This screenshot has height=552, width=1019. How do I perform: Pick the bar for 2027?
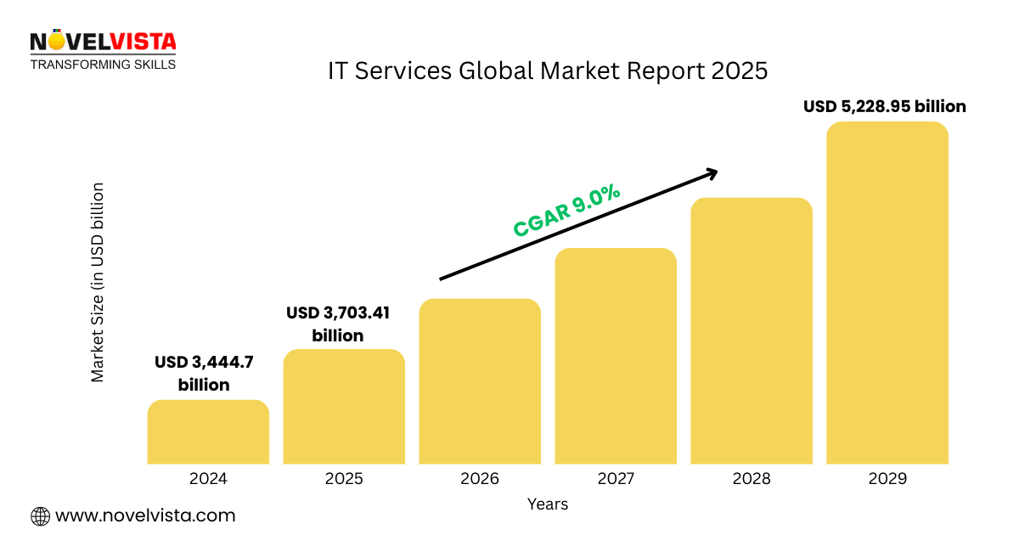coord(616,356)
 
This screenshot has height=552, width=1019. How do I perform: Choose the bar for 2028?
coord(752,330)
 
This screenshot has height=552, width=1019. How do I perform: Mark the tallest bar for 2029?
coord(887,292)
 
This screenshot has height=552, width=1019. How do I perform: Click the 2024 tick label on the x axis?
coord(208,479)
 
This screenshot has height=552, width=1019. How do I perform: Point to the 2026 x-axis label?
coord(480,479)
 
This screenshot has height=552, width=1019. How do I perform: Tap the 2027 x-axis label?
coord(616,479)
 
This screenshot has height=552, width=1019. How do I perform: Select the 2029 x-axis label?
coord(887,479)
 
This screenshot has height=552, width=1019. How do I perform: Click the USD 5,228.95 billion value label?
coord(885,107)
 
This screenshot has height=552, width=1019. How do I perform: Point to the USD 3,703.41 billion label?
coord(338,324)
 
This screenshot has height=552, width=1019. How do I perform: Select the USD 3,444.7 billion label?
coord(204,374)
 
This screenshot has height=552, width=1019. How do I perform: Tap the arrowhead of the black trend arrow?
coord(712,172)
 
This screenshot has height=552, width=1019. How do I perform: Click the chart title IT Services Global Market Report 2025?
coord(548,71)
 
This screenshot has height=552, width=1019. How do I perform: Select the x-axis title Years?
coord(548,504)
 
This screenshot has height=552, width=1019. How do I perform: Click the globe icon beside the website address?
coord(40,515)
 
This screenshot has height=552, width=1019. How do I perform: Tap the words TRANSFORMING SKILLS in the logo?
coord(103,65)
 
